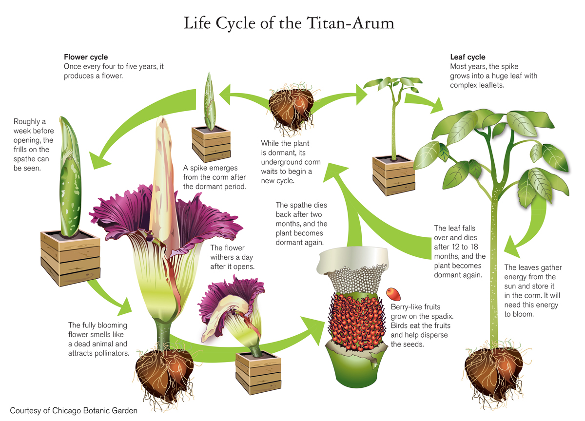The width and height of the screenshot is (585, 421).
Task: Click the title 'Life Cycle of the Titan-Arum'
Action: tap(289, 23)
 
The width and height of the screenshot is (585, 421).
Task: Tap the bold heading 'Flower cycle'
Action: tap(86, 57)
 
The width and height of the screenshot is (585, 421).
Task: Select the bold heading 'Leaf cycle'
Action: tap(468, 57)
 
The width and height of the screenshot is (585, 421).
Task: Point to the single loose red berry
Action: tap(393, 294)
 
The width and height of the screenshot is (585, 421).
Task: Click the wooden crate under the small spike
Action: tap(211, 144)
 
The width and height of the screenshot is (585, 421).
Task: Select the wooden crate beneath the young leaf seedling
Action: tap(393, 175)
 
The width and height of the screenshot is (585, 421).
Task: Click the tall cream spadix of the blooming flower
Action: tap(164, 183)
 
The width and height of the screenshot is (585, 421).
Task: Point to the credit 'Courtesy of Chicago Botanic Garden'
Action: tap(74, 411)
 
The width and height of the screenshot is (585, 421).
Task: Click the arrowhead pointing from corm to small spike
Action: tap(225, 94)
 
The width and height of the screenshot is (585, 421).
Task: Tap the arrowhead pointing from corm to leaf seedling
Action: tap(361, 95)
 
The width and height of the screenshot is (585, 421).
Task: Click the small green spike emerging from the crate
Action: tap(210, 102)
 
